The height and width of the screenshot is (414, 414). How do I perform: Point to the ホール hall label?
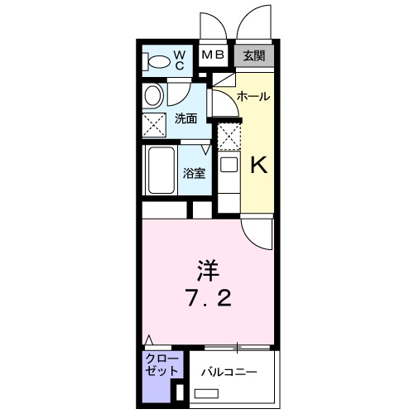[253, 97]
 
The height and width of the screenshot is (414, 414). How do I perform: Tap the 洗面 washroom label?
[186, 119]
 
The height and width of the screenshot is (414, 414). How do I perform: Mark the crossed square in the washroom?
[154, 126]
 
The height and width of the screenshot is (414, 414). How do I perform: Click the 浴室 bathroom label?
[195, 174]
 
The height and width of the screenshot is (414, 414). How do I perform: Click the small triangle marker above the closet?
[149, 339]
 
